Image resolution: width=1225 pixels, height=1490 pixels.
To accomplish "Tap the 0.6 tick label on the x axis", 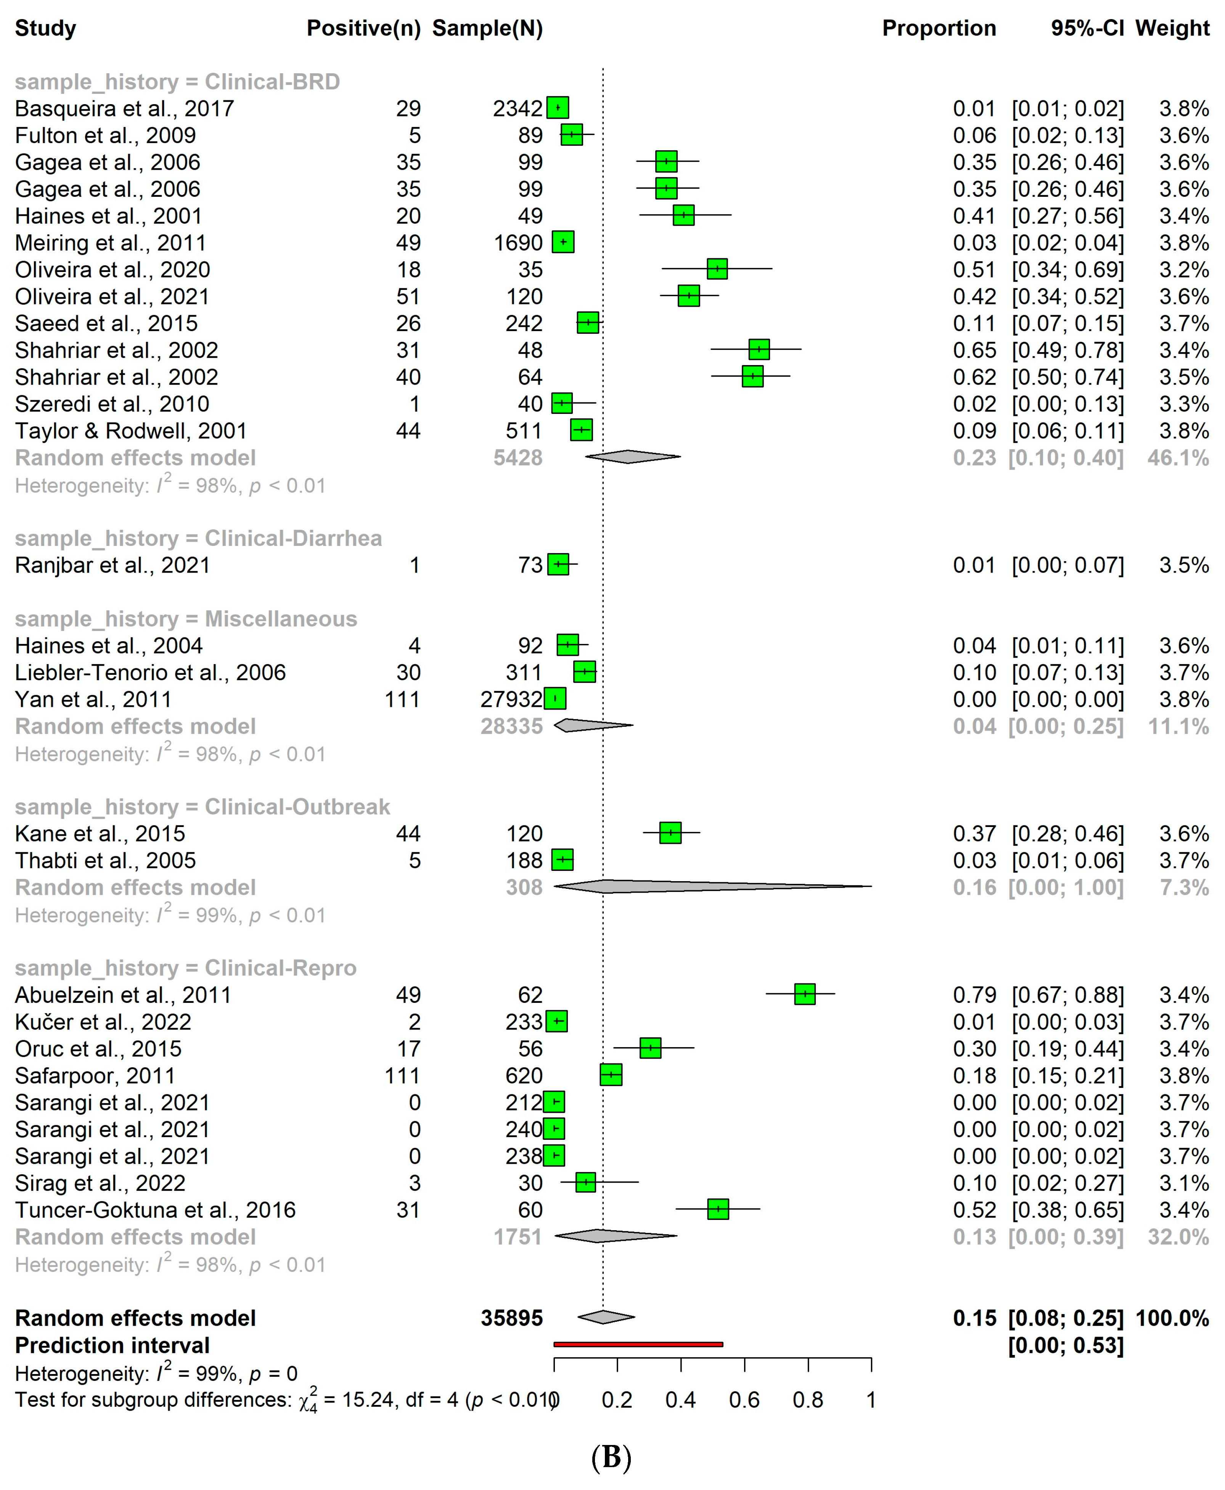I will click(x=744, y=1400).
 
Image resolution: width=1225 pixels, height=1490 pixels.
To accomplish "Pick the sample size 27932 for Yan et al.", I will click(x=511, y=700).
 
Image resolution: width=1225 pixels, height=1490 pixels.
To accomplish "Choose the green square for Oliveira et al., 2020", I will click(x=717, y=269).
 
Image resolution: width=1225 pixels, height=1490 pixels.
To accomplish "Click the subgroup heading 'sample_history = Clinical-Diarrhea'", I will click(x=198, y=539).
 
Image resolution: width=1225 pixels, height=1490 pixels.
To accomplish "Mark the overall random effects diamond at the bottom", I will click(x=606, y=1317).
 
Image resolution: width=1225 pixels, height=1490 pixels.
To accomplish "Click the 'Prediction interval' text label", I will click(x=112, y=1345).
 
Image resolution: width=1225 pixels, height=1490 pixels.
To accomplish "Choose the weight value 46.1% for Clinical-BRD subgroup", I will click(x=1178, y=458).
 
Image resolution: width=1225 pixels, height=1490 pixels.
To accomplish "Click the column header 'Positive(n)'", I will click(x=363, y=28).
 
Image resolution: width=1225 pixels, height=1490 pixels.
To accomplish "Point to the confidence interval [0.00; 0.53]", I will click(x=1066, y=1345).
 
